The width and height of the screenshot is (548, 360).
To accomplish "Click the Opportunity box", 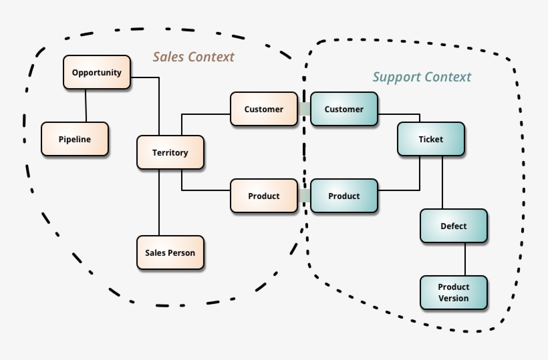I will point(97,72).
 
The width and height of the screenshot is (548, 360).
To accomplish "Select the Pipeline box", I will point(74,139).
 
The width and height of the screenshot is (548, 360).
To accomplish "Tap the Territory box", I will point(170,152).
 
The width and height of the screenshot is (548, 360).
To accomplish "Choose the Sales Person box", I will point(170,252).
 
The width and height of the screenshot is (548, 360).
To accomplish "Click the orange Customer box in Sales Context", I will point(264,109).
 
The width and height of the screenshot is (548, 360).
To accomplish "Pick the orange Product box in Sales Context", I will point(264,196).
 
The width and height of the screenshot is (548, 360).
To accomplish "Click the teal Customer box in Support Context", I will point(344,109).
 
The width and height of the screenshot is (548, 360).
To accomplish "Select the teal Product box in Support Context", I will point(344,196).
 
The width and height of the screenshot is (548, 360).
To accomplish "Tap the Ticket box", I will point(431,139).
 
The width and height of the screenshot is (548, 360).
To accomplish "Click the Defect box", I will point(454,226).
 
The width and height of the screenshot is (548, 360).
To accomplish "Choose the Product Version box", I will point(454,293).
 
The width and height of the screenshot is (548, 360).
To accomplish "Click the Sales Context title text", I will point(194,57).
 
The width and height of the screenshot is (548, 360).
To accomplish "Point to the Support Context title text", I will point(422,77).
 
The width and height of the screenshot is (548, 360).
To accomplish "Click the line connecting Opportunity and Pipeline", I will point(86,106).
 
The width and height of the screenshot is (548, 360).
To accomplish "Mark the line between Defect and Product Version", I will point(465,259).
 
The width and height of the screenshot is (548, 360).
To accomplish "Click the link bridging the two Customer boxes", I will point(304,109).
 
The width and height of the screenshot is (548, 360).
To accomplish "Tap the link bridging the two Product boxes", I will point(304,196).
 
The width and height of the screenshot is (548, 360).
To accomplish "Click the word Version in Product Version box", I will point(454,298).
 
